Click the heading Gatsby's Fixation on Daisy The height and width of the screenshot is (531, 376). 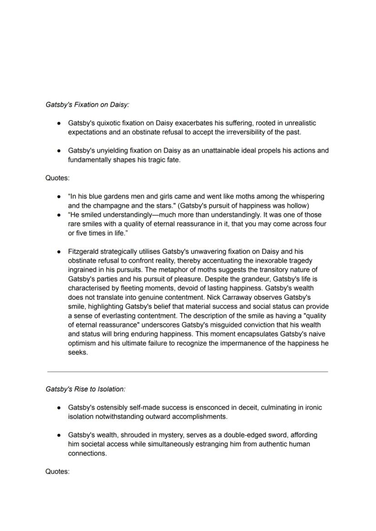click(x=87, y=104)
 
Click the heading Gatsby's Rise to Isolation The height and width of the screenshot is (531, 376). click(x=85, y=389)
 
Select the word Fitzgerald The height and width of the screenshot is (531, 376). click(x=84, y=251)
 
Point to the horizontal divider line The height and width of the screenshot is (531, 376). click(x=188, y=372)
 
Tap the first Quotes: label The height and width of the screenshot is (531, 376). click(x=57, y=178)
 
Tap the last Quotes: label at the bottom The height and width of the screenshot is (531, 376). click(x=57, y=471)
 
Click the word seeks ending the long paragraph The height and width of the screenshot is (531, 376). click(x=77, y=352)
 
